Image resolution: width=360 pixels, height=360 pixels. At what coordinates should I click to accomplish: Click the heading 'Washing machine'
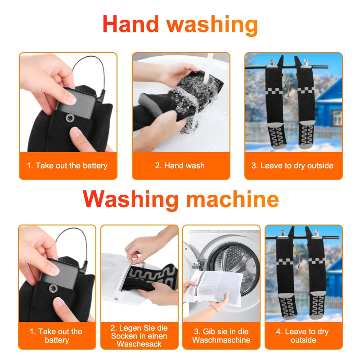(x=180, y=198)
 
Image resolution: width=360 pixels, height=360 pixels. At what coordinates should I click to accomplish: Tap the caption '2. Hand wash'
(x=180, y=166)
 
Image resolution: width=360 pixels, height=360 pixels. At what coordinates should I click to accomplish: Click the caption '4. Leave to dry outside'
(x=303, y=336)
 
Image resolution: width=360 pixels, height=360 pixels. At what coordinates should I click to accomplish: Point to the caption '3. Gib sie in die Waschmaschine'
(x=221, y=336)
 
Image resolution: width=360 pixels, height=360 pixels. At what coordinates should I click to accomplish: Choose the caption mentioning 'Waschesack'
(x=139, y=336)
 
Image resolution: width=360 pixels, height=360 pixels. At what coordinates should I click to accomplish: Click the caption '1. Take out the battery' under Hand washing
(x=67, y=166)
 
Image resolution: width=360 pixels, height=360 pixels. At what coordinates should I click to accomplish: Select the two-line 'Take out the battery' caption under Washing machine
(x=57, y=336)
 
